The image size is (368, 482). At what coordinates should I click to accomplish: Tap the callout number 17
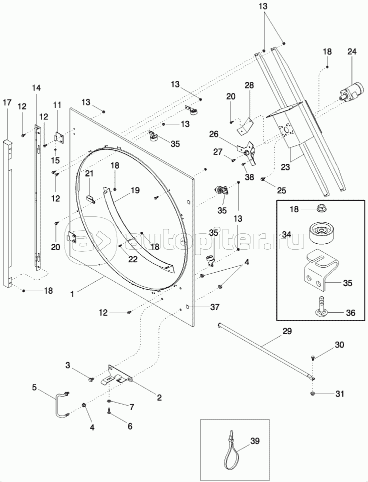click(7, 103)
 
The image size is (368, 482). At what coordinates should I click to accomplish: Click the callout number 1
click(73, 295)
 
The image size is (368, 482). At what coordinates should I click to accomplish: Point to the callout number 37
click(214, 307)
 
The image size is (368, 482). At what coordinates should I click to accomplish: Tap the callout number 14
click(35, 88)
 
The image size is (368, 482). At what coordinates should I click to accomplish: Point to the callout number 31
click(339, 393)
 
